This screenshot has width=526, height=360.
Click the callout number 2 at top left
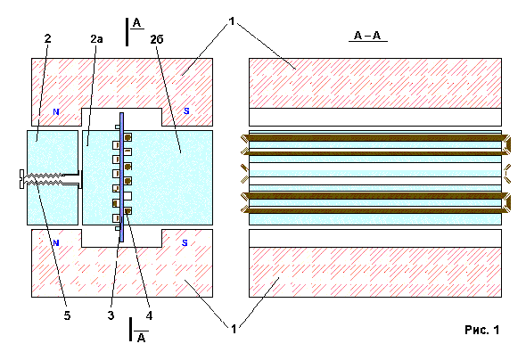tap(47, 38)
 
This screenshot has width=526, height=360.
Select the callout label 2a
tap(96, 39)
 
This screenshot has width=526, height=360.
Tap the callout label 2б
tap(157, 39)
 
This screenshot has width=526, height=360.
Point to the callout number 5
tap(67, 315)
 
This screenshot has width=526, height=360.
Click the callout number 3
tap(111, 315)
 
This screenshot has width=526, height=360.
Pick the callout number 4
tap(149, 315)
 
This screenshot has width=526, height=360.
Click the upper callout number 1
tap(232, 21)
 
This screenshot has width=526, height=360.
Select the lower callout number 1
tap(234, 329)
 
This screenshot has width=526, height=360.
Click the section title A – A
tap(367, 35)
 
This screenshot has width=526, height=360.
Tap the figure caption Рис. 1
tap(482, 330)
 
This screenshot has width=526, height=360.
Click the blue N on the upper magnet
tap(56, 111)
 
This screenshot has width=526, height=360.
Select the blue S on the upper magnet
tap(186, 111)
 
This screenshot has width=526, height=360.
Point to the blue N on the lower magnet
tap(56, 242)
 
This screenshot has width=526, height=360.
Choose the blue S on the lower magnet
tap(185, 242)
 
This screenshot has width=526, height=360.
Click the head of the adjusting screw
tap(21, 179)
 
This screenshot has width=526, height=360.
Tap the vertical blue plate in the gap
tap(121, 177)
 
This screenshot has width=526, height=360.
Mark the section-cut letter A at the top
tap(136, 23)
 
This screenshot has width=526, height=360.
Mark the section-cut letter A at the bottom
tap(141, 338)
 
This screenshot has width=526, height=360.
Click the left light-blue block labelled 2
tap(53, 177)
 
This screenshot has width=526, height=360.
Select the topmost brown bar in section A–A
tap(375, 138)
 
